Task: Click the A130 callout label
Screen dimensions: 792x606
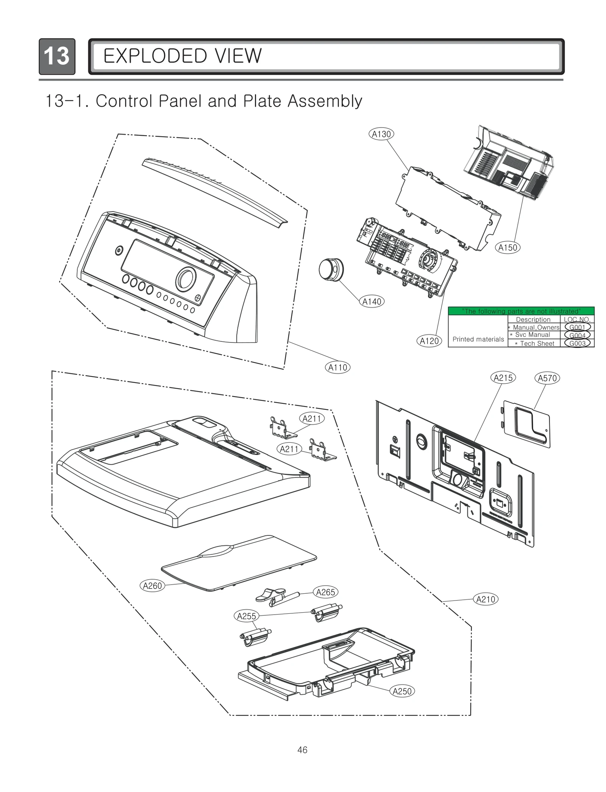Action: tap(381, 134)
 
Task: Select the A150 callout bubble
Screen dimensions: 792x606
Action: tap(508, 247)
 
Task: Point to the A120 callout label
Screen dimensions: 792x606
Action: tap(429, 341)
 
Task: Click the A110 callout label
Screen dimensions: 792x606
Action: tap(337, 367)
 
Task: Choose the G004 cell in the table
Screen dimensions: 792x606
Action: tap(577, 335)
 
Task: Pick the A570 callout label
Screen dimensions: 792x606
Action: tap(547, 378)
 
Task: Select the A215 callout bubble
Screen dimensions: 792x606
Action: tap(503, 378)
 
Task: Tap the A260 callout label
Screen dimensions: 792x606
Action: tap(152, 586)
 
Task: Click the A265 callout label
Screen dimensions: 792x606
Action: tap(325, 592)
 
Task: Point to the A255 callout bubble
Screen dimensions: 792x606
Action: tap(246, 616)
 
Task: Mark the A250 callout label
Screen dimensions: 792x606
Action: tap(402, 691)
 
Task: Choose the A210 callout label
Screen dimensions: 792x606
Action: tap(486, 599)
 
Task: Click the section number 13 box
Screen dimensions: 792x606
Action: tap(57, 56)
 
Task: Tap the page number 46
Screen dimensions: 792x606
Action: tap(302, 750)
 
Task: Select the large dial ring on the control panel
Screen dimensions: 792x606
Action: tap(186, 279)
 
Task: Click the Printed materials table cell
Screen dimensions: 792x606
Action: tap(478, 339)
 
